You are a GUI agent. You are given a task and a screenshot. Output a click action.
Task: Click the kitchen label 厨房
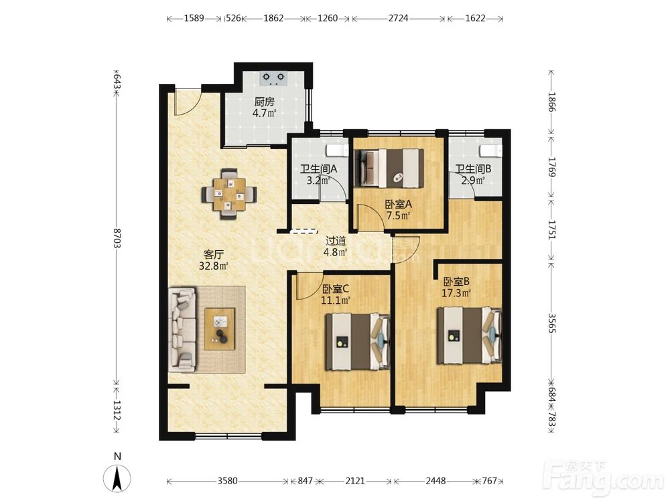(x=264, y=102)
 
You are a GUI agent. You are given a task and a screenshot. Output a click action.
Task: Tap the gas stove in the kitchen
(x=273, y=78)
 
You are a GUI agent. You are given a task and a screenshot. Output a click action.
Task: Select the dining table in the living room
(x=229, y=194)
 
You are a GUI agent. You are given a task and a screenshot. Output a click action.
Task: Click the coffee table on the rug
(x=219, y=329)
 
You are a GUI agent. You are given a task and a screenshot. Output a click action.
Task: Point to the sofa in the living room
(x=182, y=329)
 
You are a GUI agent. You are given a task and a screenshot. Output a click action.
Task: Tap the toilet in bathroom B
(x=490, y=151)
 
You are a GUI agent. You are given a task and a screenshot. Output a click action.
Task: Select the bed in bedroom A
(x=389, y=168)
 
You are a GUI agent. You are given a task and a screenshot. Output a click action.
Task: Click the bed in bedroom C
(x=358, y=341)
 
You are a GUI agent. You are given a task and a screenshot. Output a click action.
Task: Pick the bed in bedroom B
(x=469, y=335)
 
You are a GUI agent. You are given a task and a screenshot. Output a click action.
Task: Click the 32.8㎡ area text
(x=214, y=266)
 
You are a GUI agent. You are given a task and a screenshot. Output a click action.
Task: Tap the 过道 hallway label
(x=336, y=241)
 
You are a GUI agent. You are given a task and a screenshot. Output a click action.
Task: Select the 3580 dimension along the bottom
(x=227, y=481)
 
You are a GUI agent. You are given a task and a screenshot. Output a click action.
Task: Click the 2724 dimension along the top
(x=398, y=18)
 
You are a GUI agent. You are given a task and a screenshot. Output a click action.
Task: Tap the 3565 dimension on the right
(x=551, y=323)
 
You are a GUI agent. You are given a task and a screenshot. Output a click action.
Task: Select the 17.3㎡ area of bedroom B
(x=456, y=294)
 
